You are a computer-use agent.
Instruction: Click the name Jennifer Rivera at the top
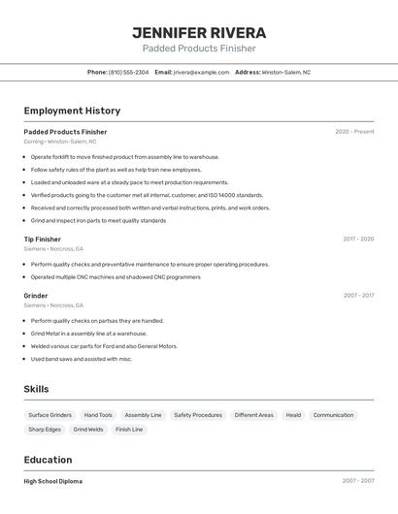pos(199,32)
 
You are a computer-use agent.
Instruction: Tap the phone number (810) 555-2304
pos(128,72)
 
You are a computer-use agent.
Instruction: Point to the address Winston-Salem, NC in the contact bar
pos(285,72)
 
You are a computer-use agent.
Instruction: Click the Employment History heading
pos(72,111)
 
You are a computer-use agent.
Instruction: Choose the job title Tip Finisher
pos(42,239)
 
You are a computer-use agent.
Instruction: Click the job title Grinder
pos(36,295)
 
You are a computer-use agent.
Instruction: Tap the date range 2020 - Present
pos(354,131)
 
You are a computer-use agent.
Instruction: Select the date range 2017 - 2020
pos(358,239)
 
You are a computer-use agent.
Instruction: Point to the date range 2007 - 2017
pos(358,295)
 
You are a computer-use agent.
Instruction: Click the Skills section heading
pos(36,389)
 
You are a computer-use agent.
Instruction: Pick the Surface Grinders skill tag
pos(50,415)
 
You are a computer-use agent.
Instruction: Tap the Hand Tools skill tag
pos(98,415)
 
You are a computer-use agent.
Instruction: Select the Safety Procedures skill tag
pos(198,415)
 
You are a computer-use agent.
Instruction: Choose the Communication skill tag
pos(333,415)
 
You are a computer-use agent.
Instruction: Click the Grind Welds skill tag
pos(88,429)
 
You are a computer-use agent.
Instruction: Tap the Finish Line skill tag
pos(129,429)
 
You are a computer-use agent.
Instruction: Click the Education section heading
pos(48,460)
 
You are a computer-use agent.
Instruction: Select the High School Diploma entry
pos(52,481)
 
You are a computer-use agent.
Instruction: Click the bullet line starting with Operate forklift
pos(124,156)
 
